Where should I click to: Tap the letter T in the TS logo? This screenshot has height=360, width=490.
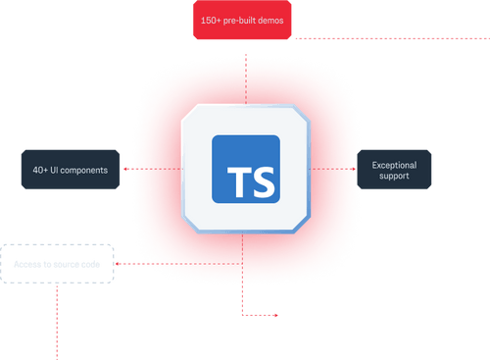[x=236, y=182]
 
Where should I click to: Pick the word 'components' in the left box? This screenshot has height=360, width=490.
[x=86, y=170]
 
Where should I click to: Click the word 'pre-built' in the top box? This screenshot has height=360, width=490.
[x=241, y=20]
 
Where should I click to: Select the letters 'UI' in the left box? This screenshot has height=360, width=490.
[x=62, y=170]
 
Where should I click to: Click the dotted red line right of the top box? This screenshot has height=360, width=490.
[x=392, y=38]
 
